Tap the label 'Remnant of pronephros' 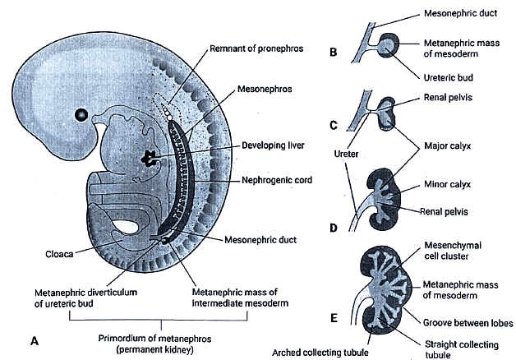coord(256,48)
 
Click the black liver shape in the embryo coord(151,156)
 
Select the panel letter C coord(333,125)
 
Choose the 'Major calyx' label coord(449,150)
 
